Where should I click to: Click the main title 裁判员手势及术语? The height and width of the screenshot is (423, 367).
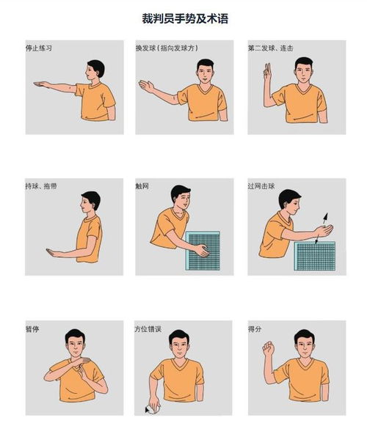[185, 18]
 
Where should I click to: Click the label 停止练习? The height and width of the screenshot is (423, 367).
[39, 48]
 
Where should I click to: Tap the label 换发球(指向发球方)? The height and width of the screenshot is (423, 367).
[167, 48]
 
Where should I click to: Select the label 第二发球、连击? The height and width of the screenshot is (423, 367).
[271, 48]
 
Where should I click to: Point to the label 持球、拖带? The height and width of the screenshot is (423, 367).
[41, 186]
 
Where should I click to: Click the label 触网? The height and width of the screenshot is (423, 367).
[142, 186]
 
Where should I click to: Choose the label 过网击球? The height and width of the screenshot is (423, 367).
[261, 186]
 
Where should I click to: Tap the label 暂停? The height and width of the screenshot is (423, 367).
[32, 329]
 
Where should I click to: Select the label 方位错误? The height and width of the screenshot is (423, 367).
[148, 329]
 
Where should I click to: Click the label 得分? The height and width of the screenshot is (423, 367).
[255, 329]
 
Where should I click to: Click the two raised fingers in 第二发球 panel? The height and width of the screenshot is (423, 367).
[267, 72]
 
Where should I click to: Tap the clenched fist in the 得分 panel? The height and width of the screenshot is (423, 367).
[268, 348]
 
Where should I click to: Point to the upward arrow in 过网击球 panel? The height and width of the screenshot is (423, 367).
[325, 218]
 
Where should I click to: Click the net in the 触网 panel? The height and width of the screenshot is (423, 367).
[203, 251]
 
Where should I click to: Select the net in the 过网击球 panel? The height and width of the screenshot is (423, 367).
[315, 256]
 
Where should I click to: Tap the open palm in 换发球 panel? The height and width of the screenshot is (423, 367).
[146, 86]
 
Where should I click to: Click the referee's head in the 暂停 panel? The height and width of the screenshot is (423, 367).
[76, 342]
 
